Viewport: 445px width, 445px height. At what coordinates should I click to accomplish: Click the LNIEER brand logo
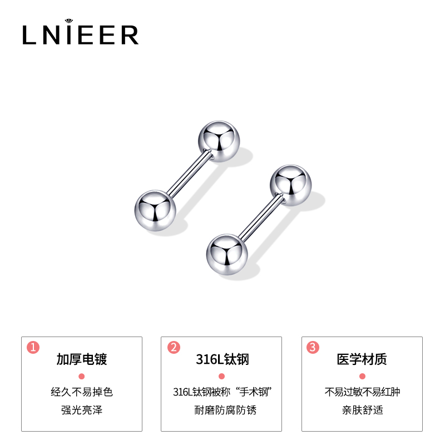pos(80,34)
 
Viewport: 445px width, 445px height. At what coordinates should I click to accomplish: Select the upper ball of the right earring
pos(291,186)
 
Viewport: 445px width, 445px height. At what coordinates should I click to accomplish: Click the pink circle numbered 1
pos(33,348)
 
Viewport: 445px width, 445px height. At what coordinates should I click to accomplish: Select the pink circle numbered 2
pos(174,348)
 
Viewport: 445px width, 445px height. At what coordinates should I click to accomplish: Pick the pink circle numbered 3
pos(314,348)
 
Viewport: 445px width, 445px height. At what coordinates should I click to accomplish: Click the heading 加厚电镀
pos(81,359)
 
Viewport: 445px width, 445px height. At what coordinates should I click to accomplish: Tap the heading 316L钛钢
pos(222,359)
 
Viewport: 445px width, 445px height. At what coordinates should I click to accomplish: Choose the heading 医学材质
pos(362,359)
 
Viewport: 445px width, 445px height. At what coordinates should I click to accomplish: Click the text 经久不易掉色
pos(81,392)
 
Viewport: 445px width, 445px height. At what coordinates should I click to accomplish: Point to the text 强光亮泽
pos(81,411)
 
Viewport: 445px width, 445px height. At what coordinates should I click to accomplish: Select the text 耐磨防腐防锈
pos(222,411)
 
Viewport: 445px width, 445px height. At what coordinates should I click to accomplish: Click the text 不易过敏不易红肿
pos(362,392)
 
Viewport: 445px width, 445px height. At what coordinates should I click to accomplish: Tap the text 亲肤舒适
pos(362,411)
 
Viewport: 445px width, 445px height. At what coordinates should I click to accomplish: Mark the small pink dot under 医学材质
pos(362,376)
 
